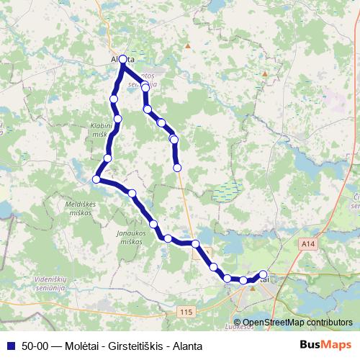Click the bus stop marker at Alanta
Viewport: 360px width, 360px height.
point(123,59)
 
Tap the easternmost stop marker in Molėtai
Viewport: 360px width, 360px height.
point(263,274)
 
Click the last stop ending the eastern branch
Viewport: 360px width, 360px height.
point(178,168)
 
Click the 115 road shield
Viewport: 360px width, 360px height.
point(186,311)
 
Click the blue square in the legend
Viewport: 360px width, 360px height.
point(10,346)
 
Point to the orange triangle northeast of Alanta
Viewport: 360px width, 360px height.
point(188,45)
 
